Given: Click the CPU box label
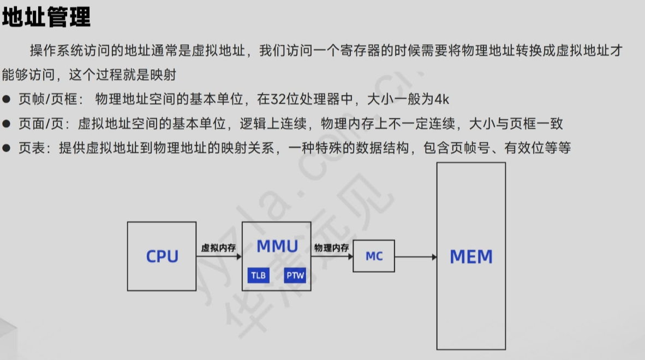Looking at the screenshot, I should (x=162, y=256).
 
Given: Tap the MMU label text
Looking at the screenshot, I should (x=277, y=246).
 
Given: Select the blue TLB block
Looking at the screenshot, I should (x=258, y=275).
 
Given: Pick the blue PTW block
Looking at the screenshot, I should (x=295, y=275).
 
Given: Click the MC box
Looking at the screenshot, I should (x=374, y=256).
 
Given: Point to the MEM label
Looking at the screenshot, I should (x=471, y=256).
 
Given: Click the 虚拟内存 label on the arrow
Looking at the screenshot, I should (x=218, y=248).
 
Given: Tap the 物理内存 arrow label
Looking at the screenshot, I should (x=331, y=248).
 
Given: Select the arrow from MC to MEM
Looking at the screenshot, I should (x=415, y=256).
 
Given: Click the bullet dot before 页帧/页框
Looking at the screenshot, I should (x=7, y=99).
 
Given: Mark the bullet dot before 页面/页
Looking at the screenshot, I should (x=7, y=124).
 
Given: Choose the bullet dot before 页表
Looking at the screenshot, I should (x=7, y=148).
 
